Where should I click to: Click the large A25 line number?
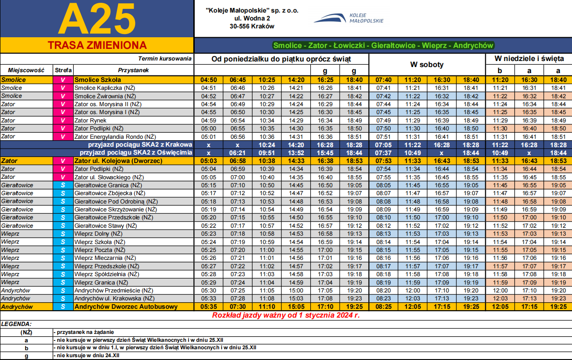coord(97,19)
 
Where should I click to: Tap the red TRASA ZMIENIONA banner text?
coord(97,45)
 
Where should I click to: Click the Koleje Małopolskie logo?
coord(348,19)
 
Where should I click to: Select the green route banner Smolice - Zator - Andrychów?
coord(383,46)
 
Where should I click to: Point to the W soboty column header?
coord(427,65)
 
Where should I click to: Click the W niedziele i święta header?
coord(528,59)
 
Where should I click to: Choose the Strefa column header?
coord(63,70)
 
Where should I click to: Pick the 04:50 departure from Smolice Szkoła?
coord(208,80)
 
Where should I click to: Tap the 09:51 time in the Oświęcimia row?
coord(267,153)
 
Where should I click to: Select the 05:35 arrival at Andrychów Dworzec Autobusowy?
coord(208,306)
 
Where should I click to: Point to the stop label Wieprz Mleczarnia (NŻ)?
coord(105,258)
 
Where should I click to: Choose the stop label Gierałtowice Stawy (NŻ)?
coord(105,225)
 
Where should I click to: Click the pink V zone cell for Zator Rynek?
coord(63,120)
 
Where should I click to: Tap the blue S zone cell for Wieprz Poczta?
coord(63,250)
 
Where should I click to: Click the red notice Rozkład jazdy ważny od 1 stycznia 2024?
coord(286,315)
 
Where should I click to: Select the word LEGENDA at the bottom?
coord(16,323)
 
